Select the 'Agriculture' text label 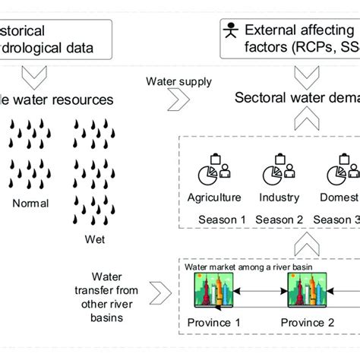214,197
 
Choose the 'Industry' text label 279,197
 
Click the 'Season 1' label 223,220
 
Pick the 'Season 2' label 279,220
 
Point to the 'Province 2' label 308,322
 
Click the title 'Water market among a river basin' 237,266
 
